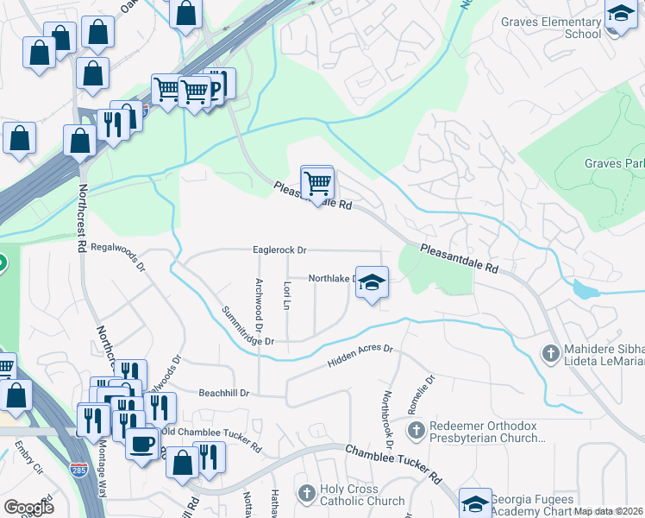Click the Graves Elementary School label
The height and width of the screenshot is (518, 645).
550,28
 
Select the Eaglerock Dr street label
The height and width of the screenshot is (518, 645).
279,250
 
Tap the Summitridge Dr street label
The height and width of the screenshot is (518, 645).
247,326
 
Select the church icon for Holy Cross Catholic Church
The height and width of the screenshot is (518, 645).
305,493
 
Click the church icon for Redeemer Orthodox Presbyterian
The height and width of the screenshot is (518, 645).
416,430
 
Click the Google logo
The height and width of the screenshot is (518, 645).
28,508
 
